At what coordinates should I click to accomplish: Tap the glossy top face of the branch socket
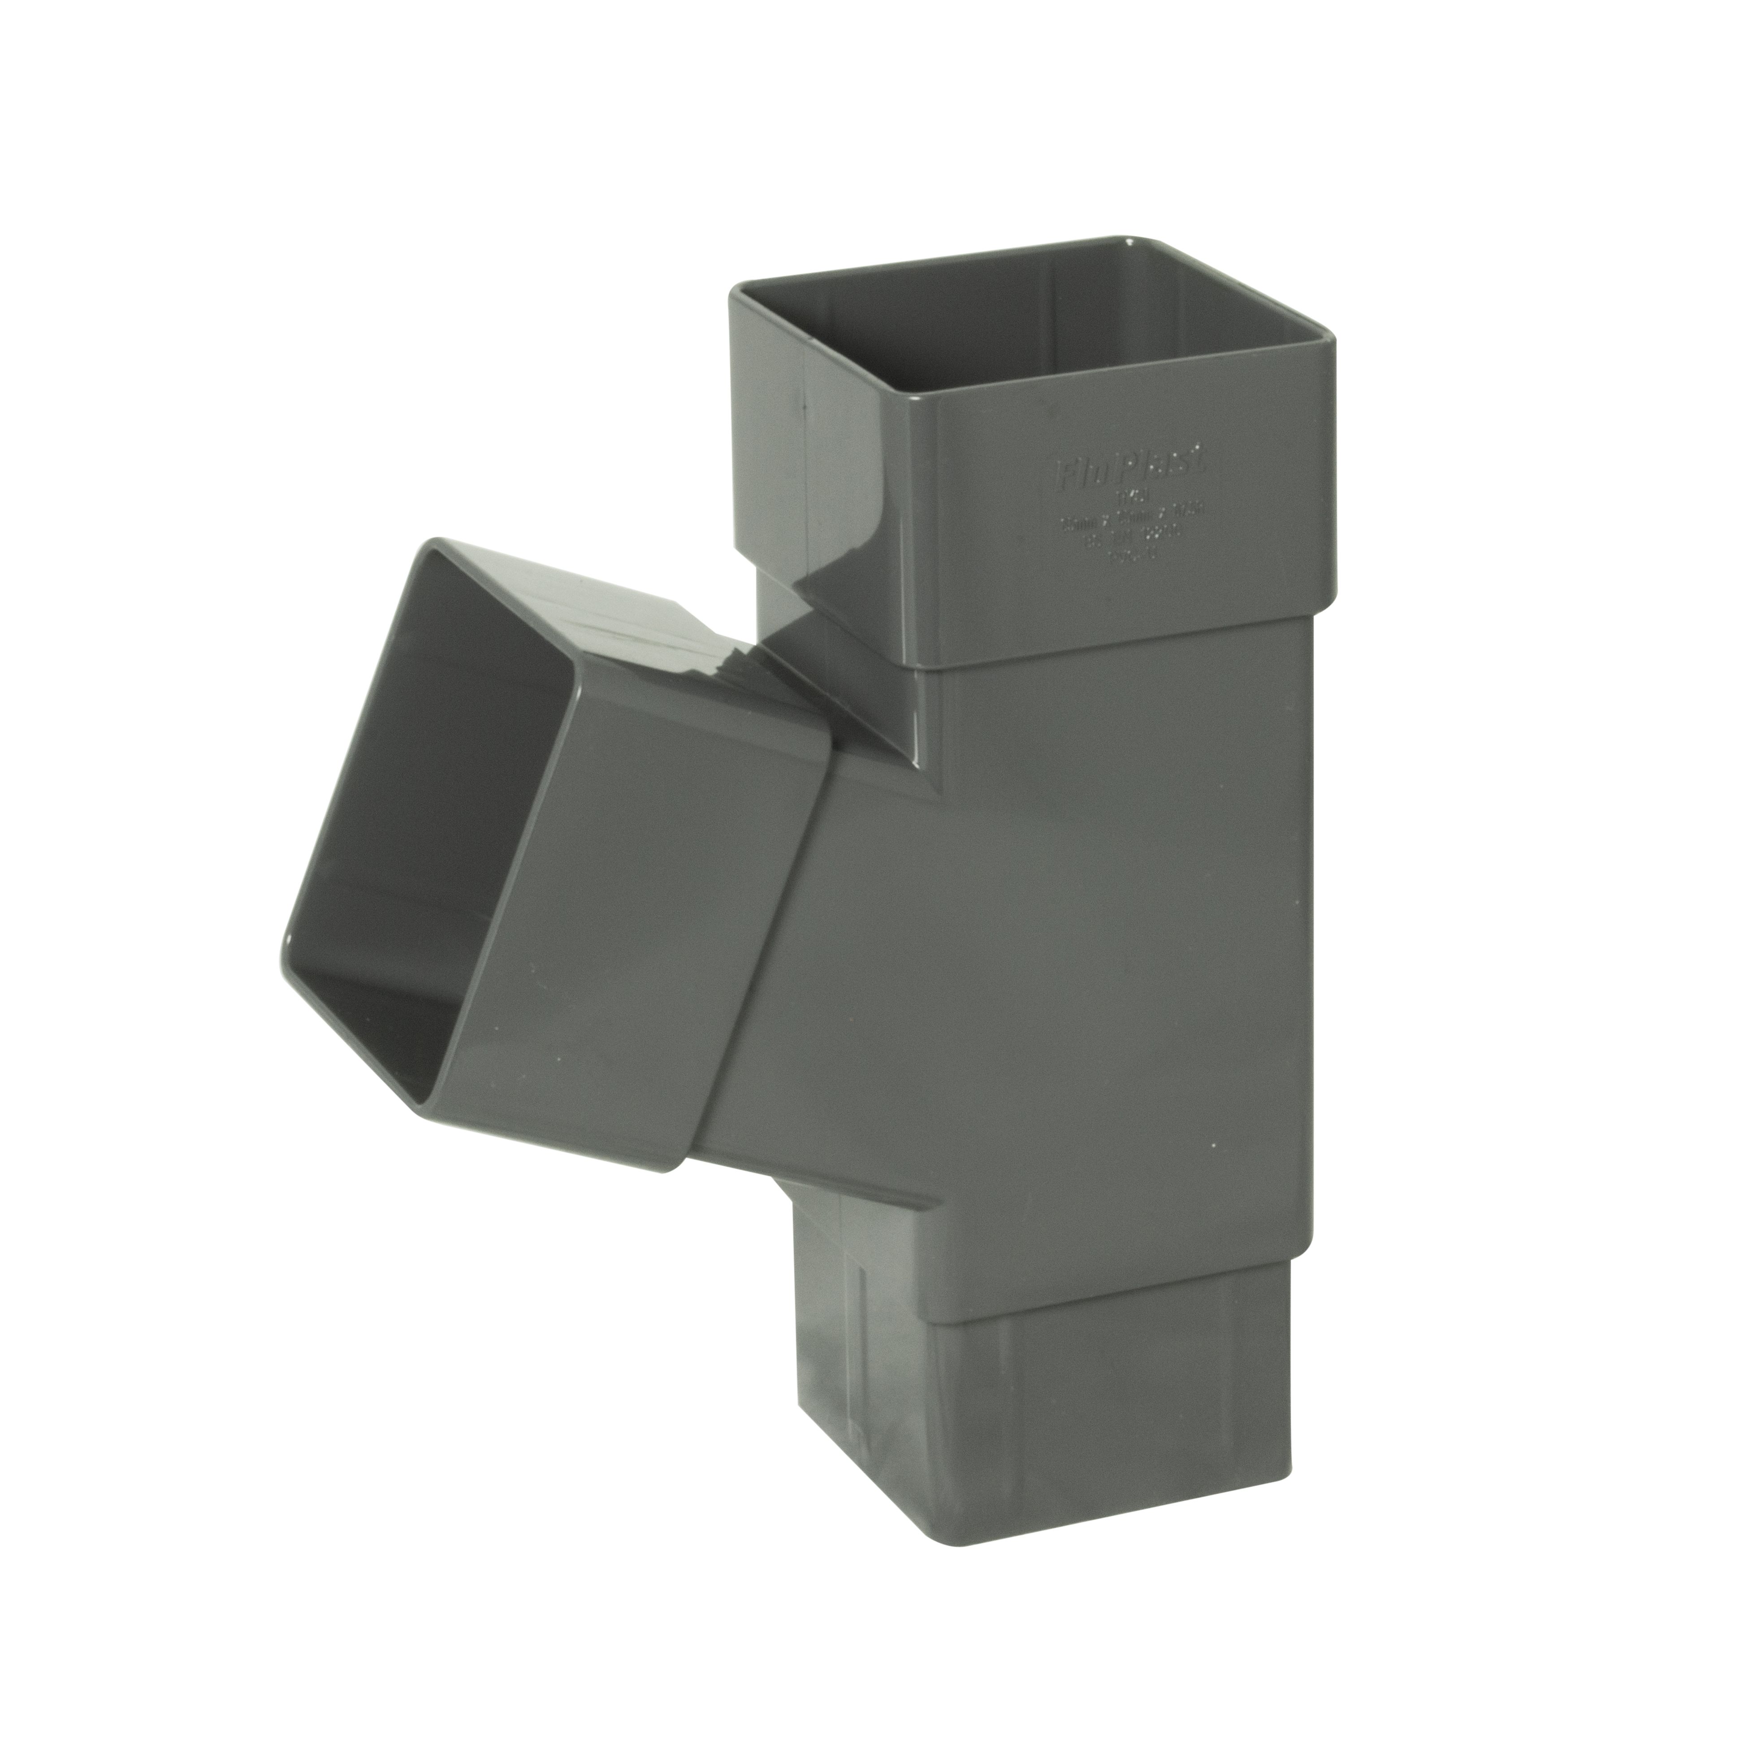[x=633, y=615]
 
